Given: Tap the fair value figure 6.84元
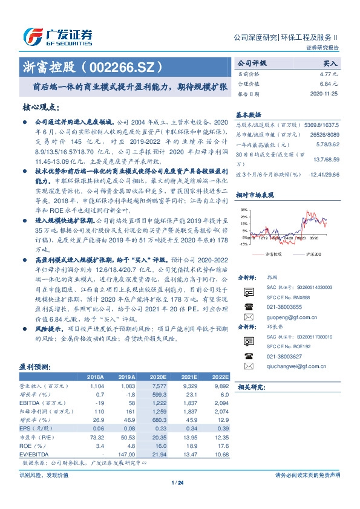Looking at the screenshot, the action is pyautogui.click(x=332, y=83).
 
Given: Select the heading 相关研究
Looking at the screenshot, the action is pyautogui.click(x=251, y=387).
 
